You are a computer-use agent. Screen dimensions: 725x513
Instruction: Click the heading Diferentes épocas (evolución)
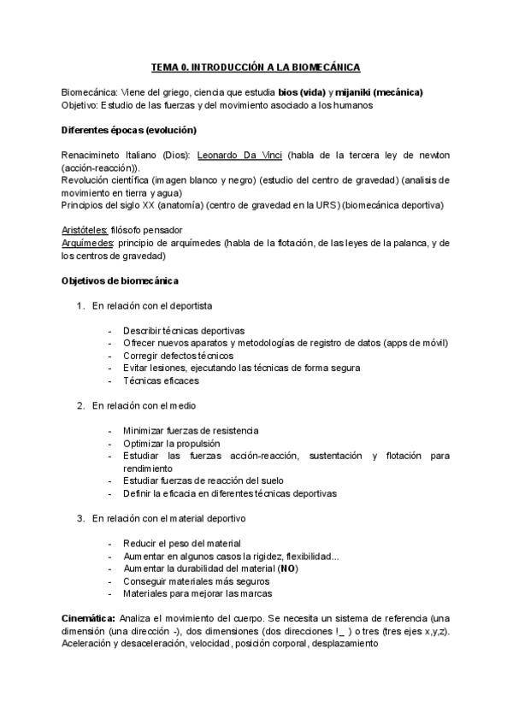point(129,130)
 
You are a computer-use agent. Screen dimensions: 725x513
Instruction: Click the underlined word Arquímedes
point(90,244)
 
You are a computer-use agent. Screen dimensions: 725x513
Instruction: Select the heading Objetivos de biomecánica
point(121,280)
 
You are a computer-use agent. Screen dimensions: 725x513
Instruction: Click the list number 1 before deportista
point(80,305)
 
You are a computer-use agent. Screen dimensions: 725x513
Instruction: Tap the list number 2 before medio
point(80,405)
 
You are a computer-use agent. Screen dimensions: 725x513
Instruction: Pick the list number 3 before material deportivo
point(80,518)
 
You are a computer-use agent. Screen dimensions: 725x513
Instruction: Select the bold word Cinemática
point(89,617)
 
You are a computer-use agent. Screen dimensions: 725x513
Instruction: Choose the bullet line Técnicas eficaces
point(161,380)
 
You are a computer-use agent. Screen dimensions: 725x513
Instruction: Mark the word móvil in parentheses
point(432,343)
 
